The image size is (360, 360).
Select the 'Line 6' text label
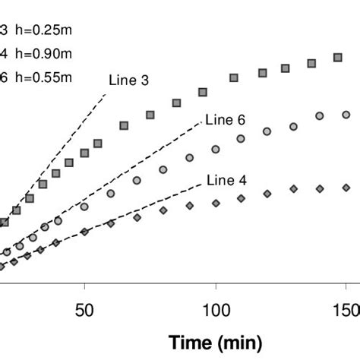click(x=223, y=120)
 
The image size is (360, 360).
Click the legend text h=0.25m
click(x=42, y=32)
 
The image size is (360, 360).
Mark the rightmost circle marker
click(x=346, y=115)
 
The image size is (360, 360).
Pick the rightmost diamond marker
click(x=346, y=187)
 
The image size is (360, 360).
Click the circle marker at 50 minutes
click(x=84, y=207)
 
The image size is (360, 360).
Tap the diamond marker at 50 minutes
click(x=85, y=232)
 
